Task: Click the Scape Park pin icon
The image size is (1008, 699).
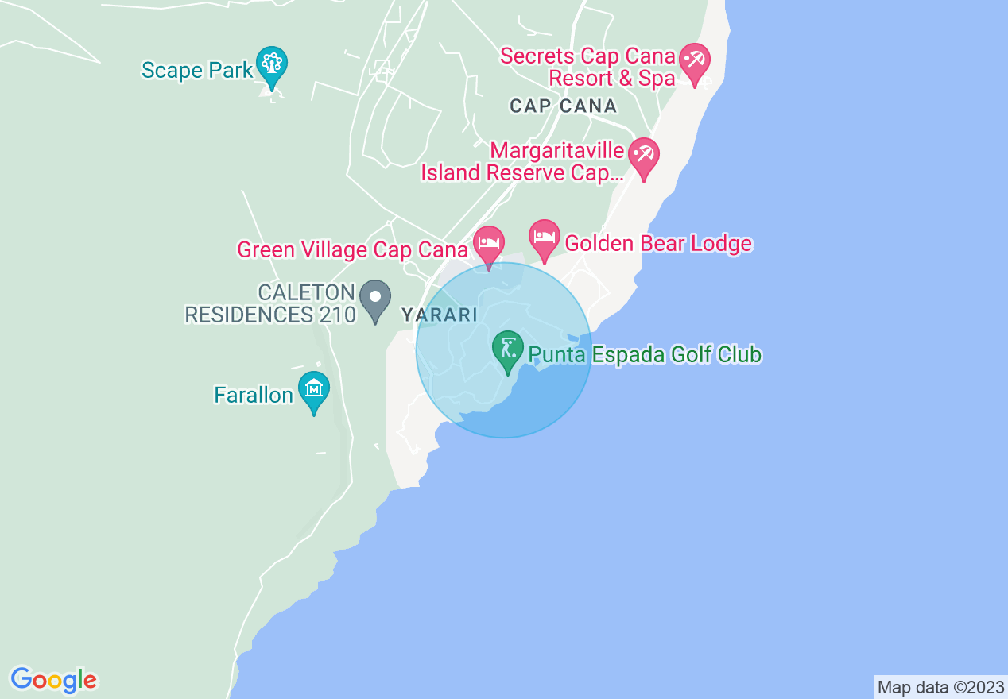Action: point(272,65)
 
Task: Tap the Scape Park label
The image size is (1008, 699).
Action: point(197,70)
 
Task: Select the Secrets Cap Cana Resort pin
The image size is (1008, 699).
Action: point(695,61)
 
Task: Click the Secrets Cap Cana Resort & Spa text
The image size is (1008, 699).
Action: point(588,68)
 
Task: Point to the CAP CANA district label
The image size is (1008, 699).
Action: point(564,106)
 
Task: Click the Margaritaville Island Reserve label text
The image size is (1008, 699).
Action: point(522,161)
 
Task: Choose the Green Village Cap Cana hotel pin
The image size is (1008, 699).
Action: point(488,244)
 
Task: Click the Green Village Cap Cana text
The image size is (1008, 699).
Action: point(352,250)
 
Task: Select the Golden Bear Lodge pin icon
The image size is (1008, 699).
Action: point(545,238)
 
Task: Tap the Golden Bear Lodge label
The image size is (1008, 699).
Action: point(658,243)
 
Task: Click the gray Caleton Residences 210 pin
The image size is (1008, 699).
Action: point(375,299)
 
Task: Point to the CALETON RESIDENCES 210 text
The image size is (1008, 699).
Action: point(270,303)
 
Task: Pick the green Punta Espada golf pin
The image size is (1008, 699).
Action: point(507,349)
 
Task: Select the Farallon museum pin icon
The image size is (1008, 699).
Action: point(314,389)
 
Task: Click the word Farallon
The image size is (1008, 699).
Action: point(254,394)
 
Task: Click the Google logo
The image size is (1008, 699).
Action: point(53,680)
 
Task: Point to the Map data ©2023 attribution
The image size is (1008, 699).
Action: point(940,687)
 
